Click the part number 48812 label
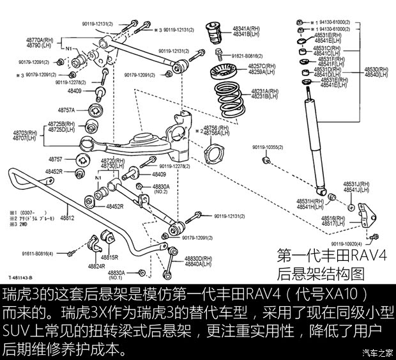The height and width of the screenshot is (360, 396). (67, 218)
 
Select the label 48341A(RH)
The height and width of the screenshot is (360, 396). (246, 28)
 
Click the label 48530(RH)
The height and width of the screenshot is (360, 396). (376, 68)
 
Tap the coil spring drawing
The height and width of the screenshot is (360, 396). (229, 96)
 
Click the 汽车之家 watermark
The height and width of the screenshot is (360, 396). (377, 352)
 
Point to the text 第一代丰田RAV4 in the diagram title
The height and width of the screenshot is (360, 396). (332, 256)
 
